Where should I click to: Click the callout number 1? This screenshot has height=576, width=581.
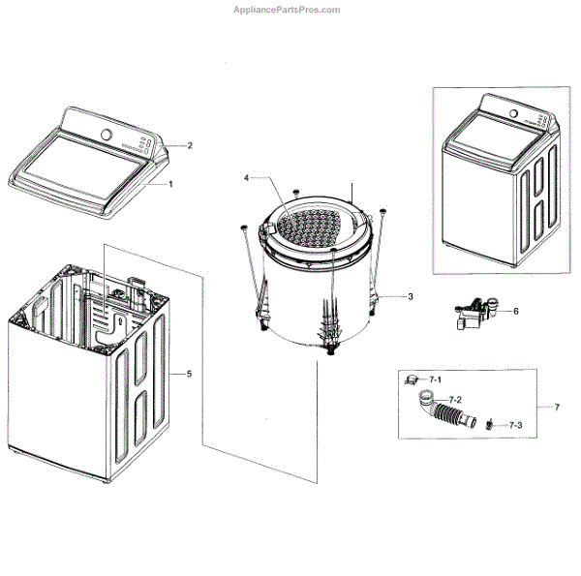pos(170,183)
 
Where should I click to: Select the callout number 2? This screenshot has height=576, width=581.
pos(190,145)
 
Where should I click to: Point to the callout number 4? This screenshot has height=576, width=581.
pos(247,178)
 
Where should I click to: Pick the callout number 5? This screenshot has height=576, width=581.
pos(189,373)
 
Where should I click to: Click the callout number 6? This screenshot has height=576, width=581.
pos(515,311)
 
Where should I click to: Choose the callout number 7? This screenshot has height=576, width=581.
pos(556,407)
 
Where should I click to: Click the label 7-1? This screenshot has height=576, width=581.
pos(436,379)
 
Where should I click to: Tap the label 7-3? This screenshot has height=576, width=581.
pos(514,425)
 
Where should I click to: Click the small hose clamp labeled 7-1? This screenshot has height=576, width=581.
pos(411,380)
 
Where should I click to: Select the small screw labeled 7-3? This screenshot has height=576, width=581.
pos(491,424)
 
